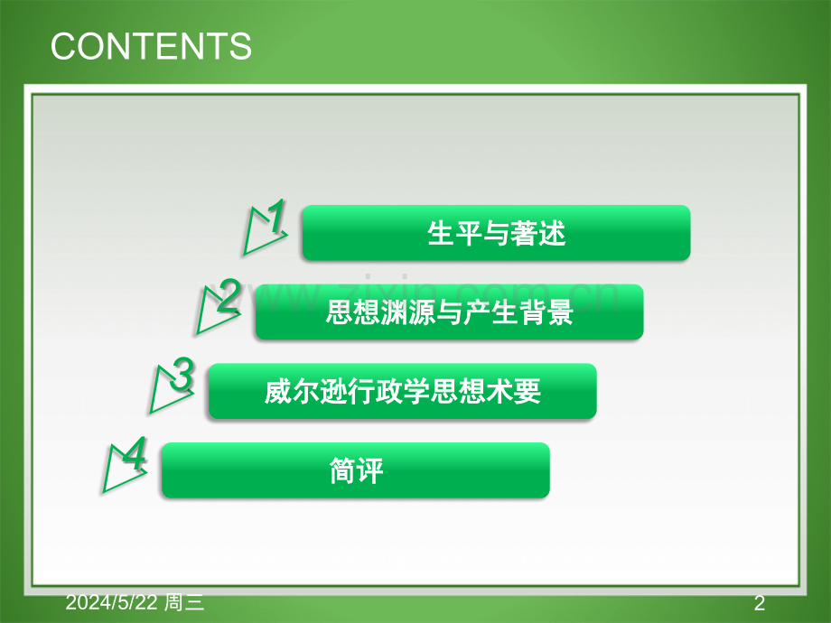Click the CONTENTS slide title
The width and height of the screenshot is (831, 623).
pos(151,46)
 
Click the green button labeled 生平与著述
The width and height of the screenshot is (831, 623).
pos(496,233)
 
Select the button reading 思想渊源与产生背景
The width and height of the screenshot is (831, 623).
pos(450,312)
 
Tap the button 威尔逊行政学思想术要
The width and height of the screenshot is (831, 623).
pos(403,392)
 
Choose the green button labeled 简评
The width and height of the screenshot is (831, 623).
pos(356,470)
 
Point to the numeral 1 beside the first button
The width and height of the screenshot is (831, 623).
pos(276,216)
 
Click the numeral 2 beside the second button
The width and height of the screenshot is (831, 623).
pos(229,295)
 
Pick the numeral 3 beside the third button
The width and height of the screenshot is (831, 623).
pos(182,374)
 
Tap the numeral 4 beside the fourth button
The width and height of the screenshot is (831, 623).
pos(135,453)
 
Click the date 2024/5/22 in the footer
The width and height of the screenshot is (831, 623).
pos(112,602)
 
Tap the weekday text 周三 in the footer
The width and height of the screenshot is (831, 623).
pos(184,602)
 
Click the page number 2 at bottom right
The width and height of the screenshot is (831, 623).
pos(760,603)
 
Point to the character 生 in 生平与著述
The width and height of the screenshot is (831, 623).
pos(441,233)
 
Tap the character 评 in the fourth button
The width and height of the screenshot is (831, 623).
pos(370,470)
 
